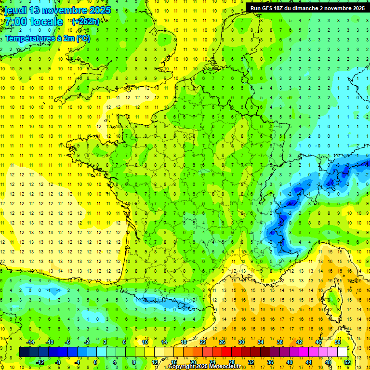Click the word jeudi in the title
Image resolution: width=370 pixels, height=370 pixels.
click(x=16, y=10)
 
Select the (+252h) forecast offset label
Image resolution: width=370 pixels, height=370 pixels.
click(x=86, y=21)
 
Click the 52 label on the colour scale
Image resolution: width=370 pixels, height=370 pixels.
click(x=347, y=362)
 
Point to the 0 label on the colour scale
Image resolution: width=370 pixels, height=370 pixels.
click(x=95, y=362)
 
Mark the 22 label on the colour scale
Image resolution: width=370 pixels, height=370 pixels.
click(x=202, y=342)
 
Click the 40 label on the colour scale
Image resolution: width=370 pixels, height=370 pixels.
click(x=290, y=362)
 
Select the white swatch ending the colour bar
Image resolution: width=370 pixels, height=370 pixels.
click(x=343, y=352)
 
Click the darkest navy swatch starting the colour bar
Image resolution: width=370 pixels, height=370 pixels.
click(x=24, y=352)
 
